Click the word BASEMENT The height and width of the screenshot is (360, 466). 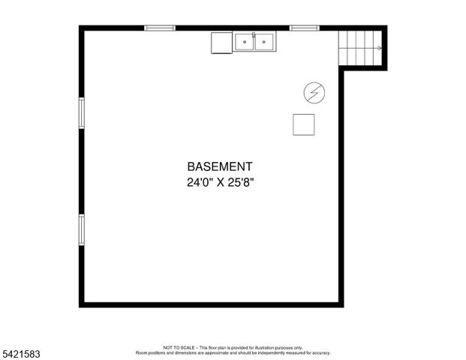[x=219, y=166]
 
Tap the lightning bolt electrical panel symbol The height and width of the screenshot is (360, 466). [x=314, y=92]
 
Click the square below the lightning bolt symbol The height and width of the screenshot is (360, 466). [x=304, y=124]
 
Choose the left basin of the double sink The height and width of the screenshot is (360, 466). [x=245, y=43]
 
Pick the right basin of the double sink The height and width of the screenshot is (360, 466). [x=264, y=43]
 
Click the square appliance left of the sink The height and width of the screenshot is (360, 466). [x=222, y=43]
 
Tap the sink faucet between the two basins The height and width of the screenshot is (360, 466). [x=254, y=36]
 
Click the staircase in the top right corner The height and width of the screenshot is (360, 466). [x=360, y=48]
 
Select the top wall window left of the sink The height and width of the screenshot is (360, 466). [x=160, y=28]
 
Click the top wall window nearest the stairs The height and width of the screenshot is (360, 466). [x=304, y=28]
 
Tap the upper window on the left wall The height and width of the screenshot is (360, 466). [x=82, y=113]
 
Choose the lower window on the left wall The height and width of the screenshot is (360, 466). [x=82, y=229]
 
